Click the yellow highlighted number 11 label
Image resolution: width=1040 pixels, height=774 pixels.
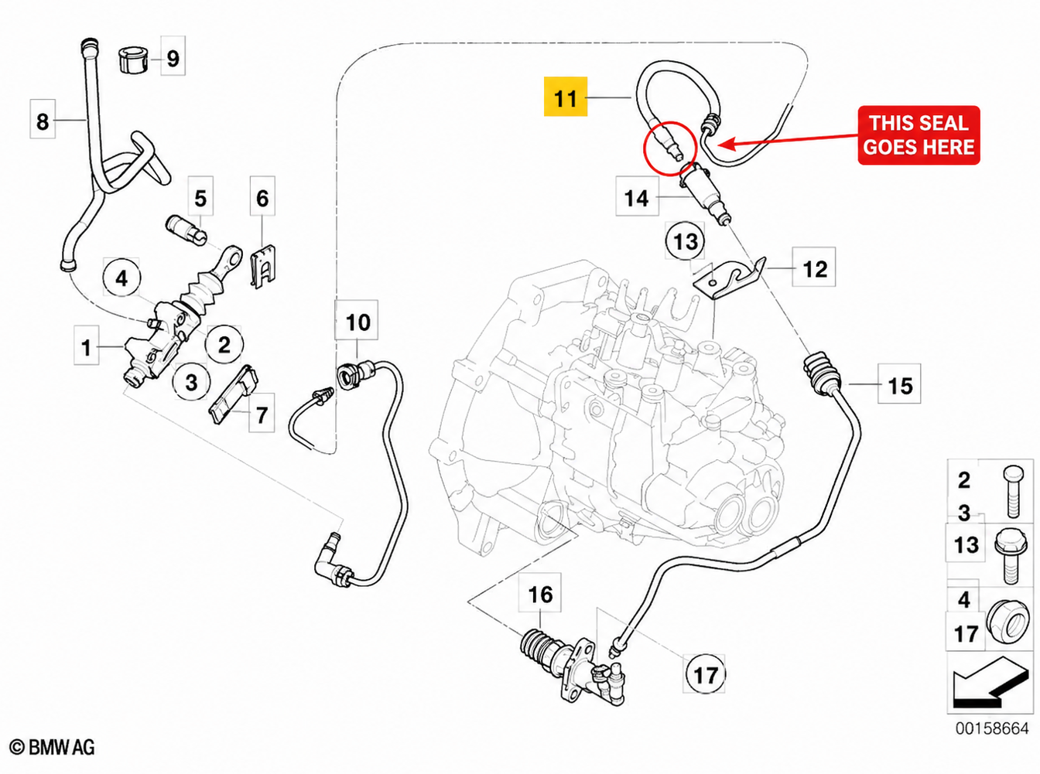[565, 96]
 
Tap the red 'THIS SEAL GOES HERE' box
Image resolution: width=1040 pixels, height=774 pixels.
[919, 135]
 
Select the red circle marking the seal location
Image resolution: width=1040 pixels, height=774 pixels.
[669, 148]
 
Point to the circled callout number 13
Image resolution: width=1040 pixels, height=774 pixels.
[685, 241]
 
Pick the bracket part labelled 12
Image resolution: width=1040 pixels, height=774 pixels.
[729, 278]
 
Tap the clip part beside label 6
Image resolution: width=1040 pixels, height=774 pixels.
[264, 268]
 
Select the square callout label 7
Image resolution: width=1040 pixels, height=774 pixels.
[262, 413]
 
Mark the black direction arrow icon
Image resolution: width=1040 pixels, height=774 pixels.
[990, 685]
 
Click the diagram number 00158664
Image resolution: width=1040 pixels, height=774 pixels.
[992, 728]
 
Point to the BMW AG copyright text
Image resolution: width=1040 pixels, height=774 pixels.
[52, 747]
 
